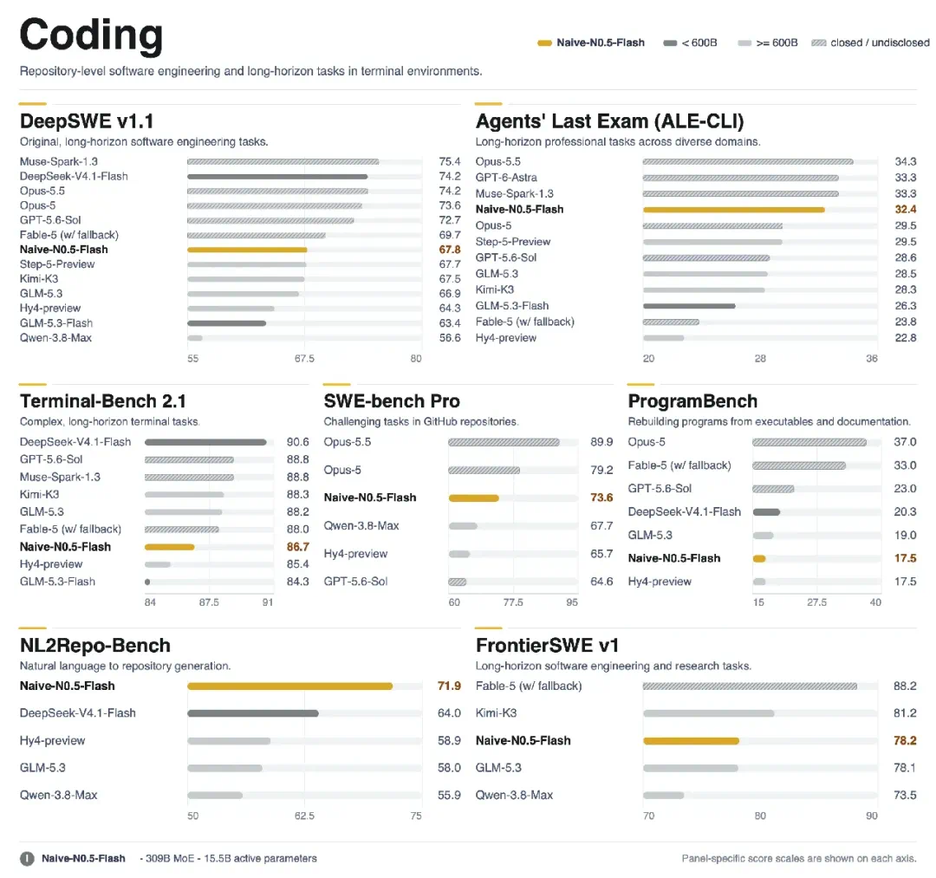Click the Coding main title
pyautogui.click(x=91, y=36)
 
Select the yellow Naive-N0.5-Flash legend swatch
pyautogui.click(x=543, y=43)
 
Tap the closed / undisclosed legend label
pyautogui.click(x=880, y=43)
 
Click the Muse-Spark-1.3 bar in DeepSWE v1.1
pyautogui.click(x=283, y=162)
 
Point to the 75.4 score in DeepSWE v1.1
pyautogui.click(x=450, y=162)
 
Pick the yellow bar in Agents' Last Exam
pyautogui.click(x=734, y=210)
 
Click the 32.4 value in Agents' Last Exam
pyautogui.click(x=905, y=210)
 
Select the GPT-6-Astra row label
pyautogui.click(x=506, y=178)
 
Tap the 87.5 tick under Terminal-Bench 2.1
pyautogui.click(x=209, y=602)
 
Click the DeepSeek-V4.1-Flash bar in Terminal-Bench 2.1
pyautogui.click(x=205, y=442)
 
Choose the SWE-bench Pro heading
pyautogui.click(x=392, y=401)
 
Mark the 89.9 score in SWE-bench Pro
pyautogui.click(x=601, y=442)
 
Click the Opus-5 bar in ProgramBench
pyautogui.click(x=809, y=442)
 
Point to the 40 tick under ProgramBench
pyautogui.click(x=875, y=602)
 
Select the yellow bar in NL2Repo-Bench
pyautogui.click(x=290, y=686)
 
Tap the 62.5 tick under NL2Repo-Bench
pyautogui.click(x=304, y=816)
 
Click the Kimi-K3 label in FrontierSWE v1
pyautogui.click(x=496, y=713)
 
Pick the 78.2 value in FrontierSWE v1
pyautogui.click(x=905, y=741)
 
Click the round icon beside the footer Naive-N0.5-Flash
pyautogui.click(x=28, y=859)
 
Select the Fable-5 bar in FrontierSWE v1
pyautogui.click(x=750, y=686)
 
